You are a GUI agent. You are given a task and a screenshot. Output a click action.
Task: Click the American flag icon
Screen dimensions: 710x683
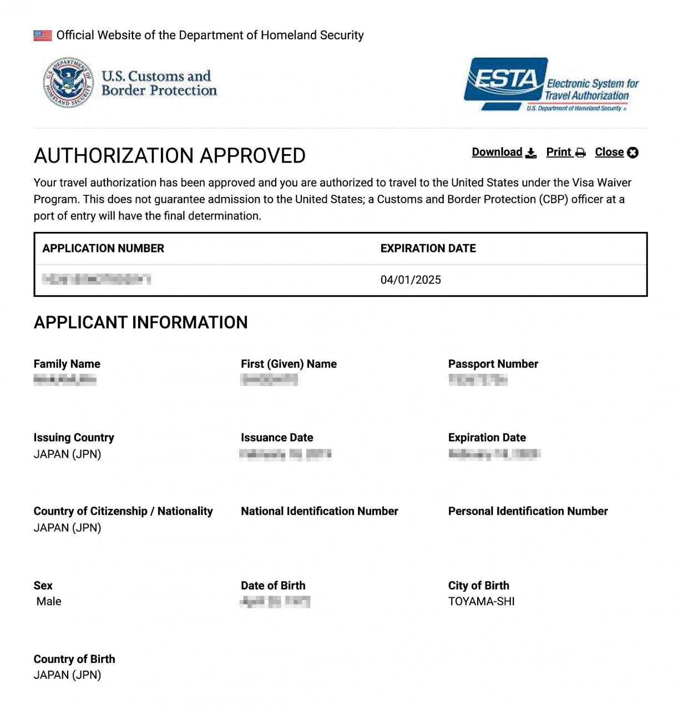click(x=43, y=35)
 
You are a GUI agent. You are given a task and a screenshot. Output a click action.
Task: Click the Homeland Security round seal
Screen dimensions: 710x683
click(x=68, y=83)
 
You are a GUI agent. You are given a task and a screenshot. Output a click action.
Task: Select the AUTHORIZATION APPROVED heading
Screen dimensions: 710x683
click(x=170, y=156)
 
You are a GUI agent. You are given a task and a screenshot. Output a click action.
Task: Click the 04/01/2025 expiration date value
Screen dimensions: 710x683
click(x=411, y=280)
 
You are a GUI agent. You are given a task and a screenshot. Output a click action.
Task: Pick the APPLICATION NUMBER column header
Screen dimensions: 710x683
click(x=103, y=248)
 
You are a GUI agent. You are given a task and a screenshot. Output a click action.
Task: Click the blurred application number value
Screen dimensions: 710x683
click(x=97, y=279)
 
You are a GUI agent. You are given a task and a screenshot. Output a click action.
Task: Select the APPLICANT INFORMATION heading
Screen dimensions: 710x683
click(x=141, y=322)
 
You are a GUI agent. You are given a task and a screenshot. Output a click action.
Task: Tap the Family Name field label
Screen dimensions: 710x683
click(x=67, y=364)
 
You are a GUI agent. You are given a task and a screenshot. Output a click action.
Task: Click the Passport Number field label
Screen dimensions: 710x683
click(x=493, y=364)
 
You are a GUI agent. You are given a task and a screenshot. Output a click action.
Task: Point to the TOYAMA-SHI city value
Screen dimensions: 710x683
click(x=481, y=601)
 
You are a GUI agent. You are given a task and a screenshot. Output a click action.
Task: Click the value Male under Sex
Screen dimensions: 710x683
click(x=49, y=601)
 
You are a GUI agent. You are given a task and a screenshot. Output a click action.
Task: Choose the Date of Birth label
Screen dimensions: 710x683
click(x=273, y=585)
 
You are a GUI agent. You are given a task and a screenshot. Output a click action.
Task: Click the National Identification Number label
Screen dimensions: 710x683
click(x=320, y=511)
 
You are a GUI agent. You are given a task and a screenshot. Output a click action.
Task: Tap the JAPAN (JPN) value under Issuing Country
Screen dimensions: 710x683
click(x=67, y=454)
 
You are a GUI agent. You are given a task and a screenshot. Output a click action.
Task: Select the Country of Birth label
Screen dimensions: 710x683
click(x=74, y=659)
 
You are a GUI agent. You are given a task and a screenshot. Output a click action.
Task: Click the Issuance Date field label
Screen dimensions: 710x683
click(x=277, y=438)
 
